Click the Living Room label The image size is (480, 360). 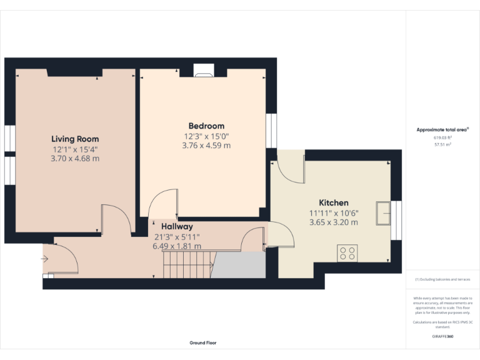pos(75,139)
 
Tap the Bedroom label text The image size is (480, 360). pos(206,126)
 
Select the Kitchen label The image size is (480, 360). pos(334,202)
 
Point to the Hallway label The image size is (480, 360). pos(177,226)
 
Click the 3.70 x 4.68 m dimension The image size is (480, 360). pos(75,159)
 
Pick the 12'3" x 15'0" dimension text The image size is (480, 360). pos(206,136)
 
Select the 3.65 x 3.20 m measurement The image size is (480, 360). pos(334,222)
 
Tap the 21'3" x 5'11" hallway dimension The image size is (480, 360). pos(177,236)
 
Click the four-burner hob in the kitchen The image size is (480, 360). pos(347,253)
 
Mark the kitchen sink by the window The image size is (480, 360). pos(382,212)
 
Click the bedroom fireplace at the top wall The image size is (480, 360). pos(203,71)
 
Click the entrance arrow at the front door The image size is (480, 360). pos(46,258)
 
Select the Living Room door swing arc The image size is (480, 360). pos(117,219)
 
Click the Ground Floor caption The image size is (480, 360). pos(203,342)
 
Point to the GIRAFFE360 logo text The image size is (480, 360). pos(442,336)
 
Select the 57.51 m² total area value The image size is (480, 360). pos(442,144)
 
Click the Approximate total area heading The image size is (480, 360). pos(442,129)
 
